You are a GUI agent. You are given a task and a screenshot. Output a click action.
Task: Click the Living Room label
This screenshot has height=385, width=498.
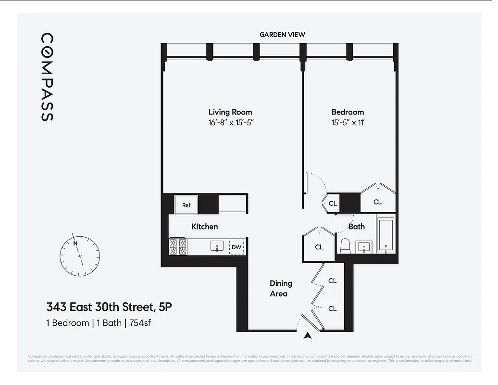[x=230, y=112]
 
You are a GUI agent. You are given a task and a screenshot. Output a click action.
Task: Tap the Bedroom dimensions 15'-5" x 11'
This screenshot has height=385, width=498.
[x=348, y=123]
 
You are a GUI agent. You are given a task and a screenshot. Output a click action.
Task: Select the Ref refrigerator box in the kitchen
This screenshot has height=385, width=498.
[x=186, y=205]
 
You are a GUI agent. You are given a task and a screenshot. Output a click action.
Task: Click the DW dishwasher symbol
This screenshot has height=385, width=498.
[x=236, y=247]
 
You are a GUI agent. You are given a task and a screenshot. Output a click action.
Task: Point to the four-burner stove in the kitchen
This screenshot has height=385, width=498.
[x=178, y=247]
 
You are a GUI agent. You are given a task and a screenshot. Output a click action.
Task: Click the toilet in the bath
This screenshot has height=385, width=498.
[x=345, y=246]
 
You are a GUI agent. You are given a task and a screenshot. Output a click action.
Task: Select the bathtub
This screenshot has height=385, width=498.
[x=386, y=235]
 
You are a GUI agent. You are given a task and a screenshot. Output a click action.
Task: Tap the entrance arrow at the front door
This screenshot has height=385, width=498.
[x=308, y=336]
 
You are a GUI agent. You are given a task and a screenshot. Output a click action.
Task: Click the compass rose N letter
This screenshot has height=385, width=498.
[x=75, y=243]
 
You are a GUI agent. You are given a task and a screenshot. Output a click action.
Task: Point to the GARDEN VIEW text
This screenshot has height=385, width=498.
[x=282, y=35]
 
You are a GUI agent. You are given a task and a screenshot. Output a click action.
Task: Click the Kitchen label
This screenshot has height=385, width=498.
[x=204, y=227]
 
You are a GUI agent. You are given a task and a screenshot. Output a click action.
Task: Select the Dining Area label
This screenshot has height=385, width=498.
[x=281, y=289]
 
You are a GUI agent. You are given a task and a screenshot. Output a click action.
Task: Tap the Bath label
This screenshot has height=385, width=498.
[x=356, y=227]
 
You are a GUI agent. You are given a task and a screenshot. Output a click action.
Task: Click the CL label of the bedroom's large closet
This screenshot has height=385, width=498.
[x=377, y=202]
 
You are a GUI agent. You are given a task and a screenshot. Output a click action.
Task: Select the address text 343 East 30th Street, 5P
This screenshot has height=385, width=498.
[x=109, y=307]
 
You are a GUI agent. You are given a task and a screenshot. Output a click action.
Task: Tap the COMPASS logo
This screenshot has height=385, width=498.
[x=47, y=77]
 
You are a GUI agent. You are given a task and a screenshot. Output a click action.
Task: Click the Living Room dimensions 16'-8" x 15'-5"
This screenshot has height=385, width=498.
[x=230, y=123]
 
